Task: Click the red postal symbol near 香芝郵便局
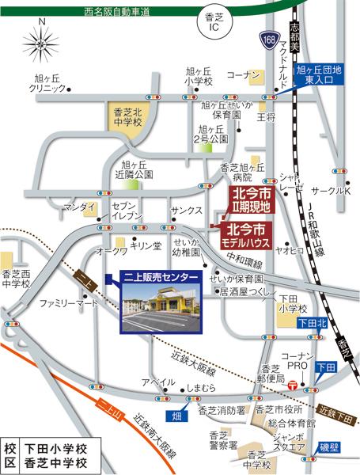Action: coord(292,386)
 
